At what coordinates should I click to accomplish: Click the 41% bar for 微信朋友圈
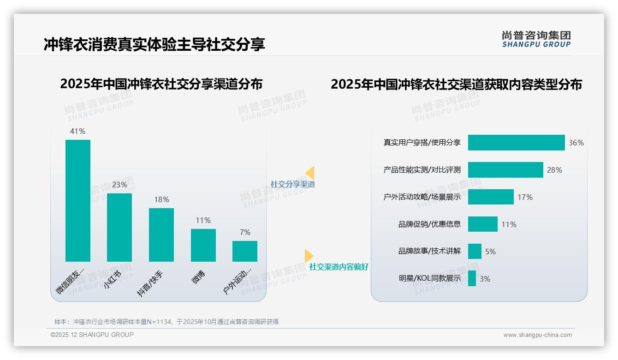click(78, 200)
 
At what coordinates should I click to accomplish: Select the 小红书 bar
click(119, 227)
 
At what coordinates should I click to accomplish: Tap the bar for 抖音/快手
click(161, 234)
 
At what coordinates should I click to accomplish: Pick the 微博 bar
click(203, 245)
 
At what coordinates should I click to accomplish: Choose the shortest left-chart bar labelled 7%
click(245, 251)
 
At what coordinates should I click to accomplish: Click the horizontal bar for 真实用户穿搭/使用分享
click(516, 143)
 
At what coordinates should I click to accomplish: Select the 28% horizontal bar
click(505, 170)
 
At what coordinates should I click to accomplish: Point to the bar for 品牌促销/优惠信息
click(482, 224)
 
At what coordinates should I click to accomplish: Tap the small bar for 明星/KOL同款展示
click(472, 278)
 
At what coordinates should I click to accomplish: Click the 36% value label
click(576, 143)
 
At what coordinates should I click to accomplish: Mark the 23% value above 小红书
click(119, 185)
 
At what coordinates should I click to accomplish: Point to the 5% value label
click(490, 252)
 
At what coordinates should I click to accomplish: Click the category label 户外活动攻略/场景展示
click(422, 197)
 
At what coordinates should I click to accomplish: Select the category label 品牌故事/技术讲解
click(429, 252)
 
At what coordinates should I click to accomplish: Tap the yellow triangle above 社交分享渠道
click(310, 173)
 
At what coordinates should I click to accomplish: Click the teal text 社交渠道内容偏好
click(339, 267)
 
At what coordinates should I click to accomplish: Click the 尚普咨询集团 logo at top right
click(536, 39)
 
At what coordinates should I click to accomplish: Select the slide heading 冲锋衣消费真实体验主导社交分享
click(154, 44)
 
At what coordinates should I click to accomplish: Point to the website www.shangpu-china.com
click(537, 335)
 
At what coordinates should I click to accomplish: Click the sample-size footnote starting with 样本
click(166, 322)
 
